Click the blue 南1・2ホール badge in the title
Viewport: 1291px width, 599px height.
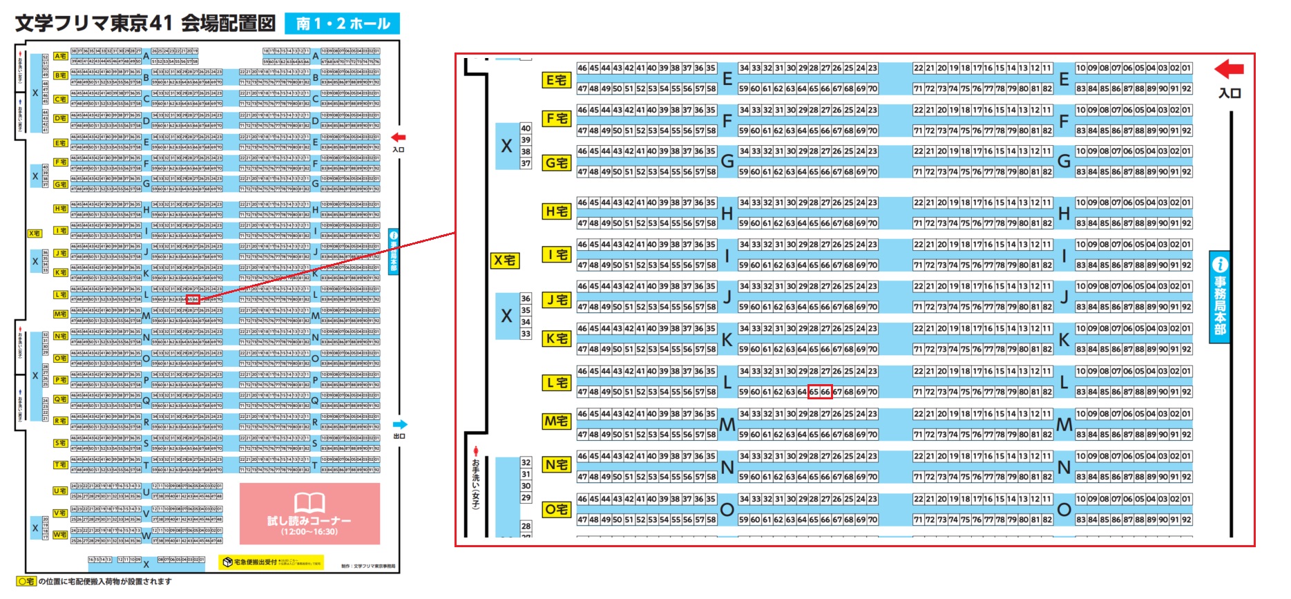pos(342,23)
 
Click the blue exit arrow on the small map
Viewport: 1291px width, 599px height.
pos(400,424)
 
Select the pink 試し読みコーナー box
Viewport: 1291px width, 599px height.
pos(309,513)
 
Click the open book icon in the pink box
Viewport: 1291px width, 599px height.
pos(309,502)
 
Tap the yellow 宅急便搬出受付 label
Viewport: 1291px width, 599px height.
pos(271,562)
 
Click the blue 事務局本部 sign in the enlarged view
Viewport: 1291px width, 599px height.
pos(1220,296)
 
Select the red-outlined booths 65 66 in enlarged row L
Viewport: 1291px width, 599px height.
pos(820,392)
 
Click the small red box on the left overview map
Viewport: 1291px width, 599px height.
pos(193,300)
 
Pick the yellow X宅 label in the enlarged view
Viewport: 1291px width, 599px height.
pos(505,260)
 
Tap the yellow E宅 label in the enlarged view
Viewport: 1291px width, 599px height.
pos(556,80)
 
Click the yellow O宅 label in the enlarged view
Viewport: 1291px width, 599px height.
pos(556,510)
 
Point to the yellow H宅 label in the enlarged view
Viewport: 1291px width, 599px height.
pos(556,211)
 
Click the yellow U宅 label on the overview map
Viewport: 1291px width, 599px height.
pos(60,491)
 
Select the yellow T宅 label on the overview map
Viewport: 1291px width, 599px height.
pos(60,465)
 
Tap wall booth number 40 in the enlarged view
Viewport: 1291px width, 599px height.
pos(526,129)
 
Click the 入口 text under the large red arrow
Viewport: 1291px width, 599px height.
pos(1230,93)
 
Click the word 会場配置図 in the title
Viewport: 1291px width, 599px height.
pos(229,23)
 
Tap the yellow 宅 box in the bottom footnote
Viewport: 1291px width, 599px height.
pos(26,582)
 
